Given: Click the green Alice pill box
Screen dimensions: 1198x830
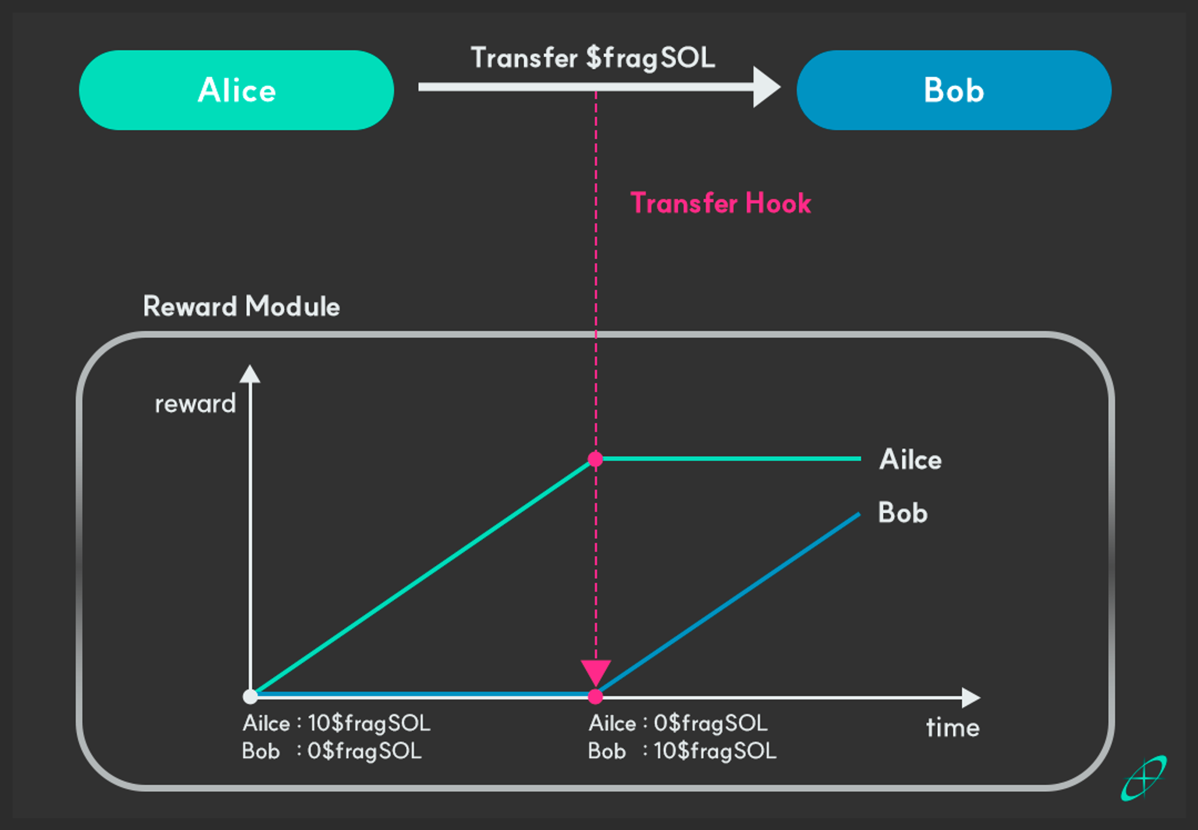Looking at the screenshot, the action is click(236, 90).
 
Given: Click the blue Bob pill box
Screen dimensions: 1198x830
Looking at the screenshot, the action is click(954, 90).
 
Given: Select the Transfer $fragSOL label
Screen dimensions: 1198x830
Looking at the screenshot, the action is click(593, 58).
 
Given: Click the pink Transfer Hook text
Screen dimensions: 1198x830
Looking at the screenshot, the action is click(721, 203).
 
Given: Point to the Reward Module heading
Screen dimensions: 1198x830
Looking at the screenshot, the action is click(241, 306).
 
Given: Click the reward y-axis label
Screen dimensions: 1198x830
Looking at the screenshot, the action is click(195, 404).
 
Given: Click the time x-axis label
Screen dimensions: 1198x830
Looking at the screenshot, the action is click(952, 728).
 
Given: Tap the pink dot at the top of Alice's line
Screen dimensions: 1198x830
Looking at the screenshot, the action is click(595, 459).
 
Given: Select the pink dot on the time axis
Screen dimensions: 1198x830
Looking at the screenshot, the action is click(595, 696).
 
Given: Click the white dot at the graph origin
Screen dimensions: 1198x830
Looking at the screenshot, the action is click(250, 696).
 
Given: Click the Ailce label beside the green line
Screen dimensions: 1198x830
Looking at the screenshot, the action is click(910, 460).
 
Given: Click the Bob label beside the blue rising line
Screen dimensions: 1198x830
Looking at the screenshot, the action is click(903, 513).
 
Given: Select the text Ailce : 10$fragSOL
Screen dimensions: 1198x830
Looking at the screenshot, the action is click(336, 723).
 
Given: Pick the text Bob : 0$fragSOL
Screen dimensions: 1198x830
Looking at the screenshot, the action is click(332, 751).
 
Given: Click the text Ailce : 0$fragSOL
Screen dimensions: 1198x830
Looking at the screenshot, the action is click(677, 723).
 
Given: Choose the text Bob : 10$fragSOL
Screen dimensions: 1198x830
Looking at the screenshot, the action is click(682, 751).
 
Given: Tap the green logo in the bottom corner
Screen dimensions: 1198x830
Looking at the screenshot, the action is click(1143, 778).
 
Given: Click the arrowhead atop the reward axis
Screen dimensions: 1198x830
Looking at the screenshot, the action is click(250, 374).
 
